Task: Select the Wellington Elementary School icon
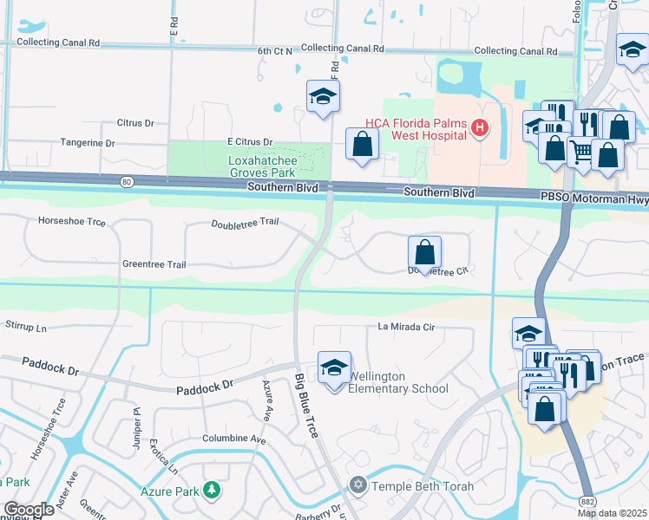point(334,368)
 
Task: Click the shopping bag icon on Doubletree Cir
point(424,253)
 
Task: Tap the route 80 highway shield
point(127,182)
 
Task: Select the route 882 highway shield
point(588,501)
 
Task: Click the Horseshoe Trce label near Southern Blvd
point(72,222)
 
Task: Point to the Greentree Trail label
point(154,264)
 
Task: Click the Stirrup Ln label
point(26,328)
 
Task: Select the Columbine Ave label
point(234,439)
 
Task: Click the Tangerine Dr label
point(87,142)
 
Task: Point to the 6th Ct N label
point(275,51)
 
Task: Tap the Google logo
point(28,510)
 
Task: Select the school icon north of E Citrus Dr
point(323,97)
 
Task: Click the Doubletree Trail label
point(245,223)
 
